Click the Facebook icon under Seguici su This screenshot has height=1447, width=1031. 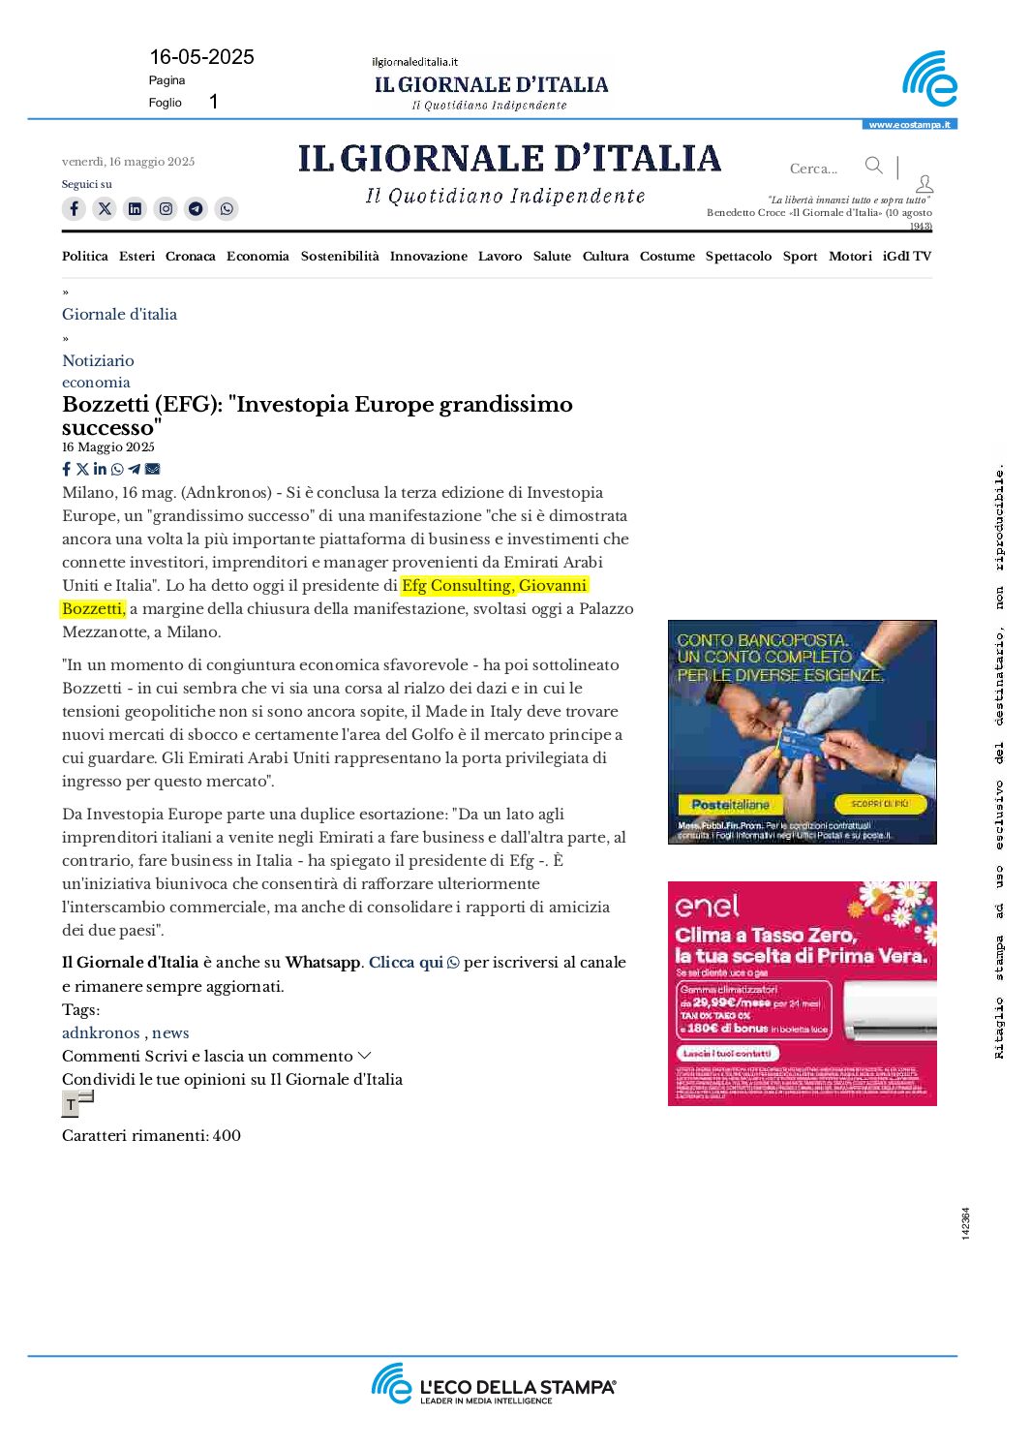(x=74, y=208)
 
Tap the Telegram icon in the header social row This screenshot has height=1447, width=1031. (x=196, y=208)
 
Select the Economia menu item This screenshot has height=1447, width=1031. (x=258, y=256)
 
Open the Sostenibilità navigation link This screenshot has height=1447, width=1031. (x=340, y=256)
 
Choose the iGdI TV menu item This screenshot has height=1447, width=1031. (x=906, y=256)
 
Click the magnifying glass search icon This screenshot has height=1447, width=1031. (x=873, y=166)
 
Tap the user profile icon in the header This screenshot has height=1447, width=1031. (x=925, y=183)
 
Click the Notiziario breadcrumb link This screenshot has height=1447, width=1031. (x=98, y=360)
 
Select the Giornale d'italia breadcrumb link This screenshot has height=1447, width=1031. (x=119, y=314)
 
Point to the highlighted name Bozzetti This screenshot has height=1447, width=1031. (x=92, y=608)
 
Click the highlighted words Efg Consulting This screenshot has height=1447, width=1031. (x=456, y=585)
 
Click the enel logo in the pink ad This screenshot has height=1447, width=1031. (x=707, y=906)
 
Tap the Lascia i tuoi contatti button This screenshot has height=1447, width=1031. (x=727, y=1053)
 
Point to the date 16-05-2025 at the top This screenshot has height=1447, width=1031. (x=201, y=57)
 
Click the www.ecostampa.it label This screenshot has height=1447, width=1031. (x=909, y=125)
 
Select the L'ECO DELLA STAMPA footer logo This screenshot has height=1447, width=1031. (x=494, y=1385)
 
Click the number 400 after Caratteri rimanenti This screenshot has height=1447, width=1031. (x=227, y=1135)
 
